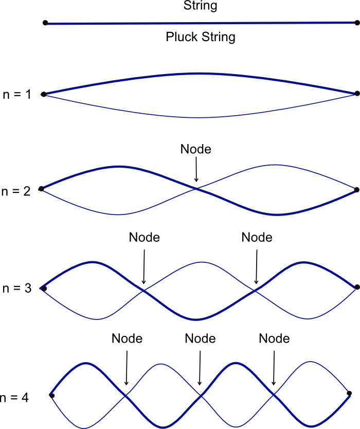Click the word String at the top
200,7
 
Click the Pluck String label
200,37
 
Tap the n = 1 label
17,95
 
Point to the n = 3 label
17,289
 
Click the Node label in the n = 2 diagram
196,149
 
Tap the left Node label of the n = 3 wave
145,238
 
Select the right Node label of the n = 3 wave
257,238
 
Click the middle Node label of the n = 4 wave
200,339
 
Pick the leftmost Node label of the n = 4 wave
127,339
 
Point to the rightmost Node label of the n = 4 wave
274,339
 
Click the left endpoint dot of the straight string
46,23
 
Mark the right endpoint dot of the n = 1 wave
357,94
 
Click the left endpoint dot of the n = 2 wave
42,189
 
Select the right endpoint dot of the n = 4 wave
349,394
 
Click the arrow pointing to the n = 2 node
196,169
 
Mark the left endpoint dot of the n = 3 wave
44,289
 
